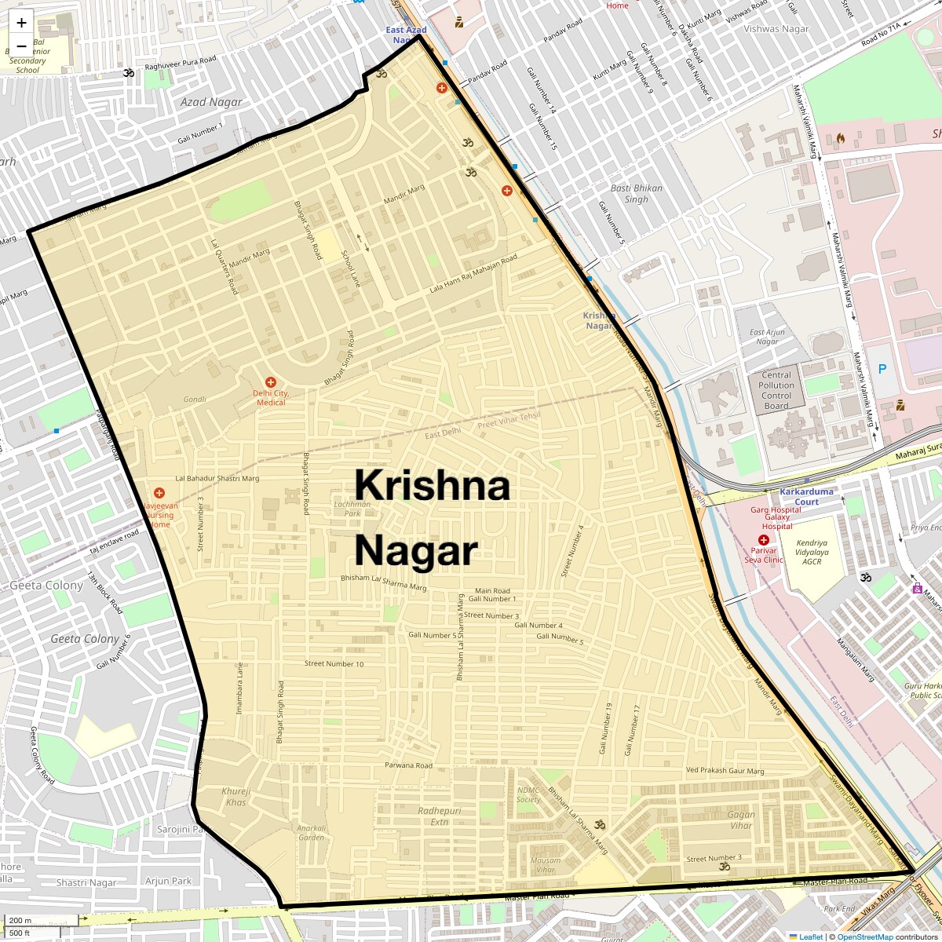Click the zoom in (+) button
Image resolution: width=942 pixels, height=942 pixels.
(21, 23)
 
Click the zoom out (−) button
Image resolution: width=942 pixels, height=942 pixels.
(21, 46)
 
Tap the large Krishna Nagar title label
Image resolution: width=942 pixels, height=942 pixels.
(432, 518)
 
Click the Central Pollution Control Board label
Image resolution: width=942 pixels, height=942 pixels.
(776, 390)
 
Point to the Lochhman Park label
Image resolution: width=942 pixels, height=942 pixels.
(352, 508)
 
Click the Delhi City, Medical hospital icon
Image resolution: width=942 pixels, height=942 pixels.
(271, 382)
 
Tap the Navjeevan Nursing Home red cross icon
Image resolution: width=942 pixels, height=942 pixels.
(159, 493)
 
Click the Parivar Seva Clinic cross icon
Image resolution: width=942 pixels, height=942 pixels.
(763, 540)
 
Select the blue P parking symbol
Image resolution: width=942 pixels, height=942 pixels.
(882, 368)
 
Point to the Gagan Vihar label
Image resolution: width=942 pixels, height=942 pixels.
(741, 820)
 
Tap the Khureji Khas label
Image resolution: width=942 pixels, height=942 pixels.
(235, 796)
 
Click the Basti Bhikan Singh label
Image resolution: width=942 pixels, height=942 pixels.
(637, 193)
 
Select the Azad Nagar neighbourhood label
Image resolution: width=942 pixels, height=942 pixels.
(211, 102)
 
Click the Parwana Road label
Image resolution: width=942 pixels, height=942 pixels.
(408, 765)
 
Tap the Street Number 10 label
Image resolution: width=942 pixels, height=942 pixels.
(334, 664)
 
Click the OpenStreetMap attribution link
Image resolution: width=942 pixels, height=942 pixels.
(864, 937)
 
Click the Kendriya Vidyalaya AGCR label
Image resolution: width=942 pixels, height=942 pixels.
(812, 552)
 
